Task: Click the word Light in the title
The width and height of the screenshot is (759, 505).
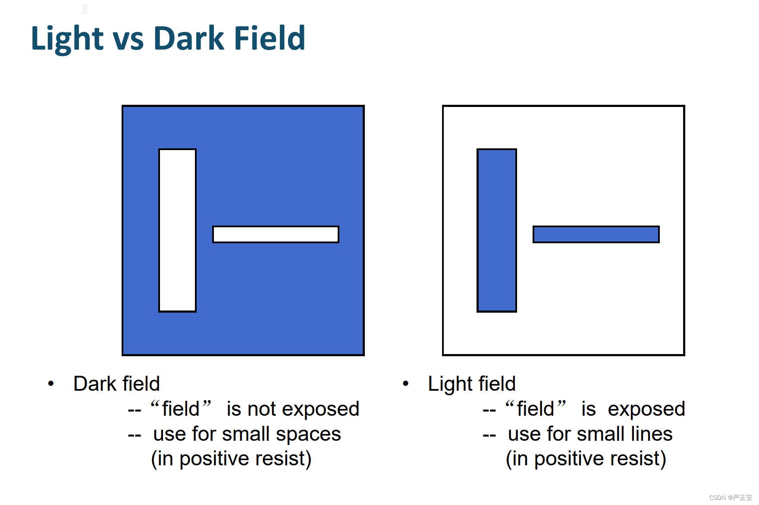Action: point(67,39)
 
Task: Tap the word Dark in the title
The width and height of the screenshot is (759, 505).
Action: point(189,38)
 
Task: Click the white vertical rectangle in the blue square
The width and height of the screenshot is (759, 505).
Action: point(177,230)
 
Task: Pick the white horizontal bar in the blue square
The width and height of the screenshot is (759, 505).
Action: point(276,234)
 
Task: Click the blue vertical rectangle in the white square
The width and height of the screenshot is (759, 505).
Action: point(496,230)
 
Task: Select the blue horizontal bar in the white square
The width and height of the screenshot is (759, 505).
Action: point(596,234)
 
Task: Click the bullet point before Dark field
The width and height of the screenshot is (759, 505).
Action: point(51,383)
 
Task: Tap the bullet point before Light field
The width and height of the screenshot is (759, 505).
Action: point(405,383)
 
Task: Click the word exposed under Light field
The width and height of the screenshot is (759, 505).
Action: point(646,409)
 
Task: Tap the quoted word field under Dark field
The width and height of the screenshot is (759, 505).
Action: point(181,408)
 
